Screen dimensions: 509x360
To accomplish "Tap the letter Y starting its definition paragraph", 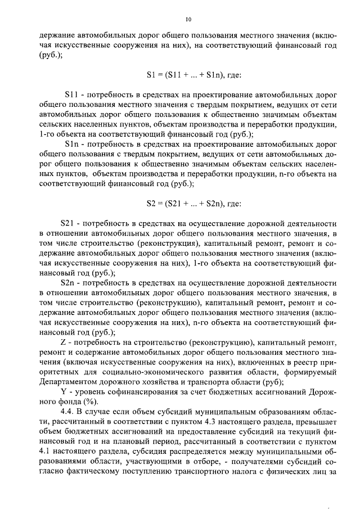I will pyautogui.click(x=62, y=391).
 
